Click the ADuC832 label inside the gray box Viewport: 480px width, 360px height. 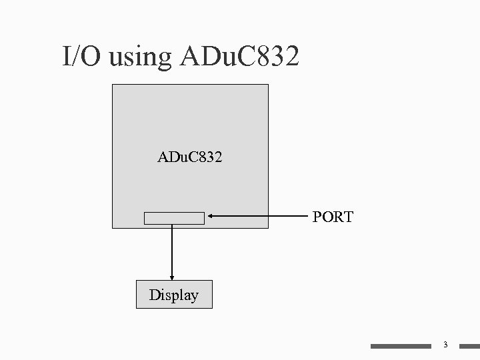190,159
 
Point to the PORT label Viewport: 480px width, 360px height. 333,217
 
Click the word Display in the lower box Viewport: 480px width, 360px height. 174,295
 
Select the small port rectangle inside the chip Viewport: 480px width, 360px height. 175,218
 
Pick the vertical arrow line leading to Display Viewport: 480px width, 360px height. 173,250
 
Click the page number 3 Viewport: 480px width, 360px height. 445,345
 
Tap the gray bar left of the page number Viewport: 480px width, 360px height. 401,346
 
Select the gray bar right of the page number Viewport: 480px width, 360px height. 466,346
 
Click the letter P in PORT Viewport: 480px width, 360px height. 317,217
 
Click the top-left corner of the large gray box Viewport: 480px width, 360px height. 113,85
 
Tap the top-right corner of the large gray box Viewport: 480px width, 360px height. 268,85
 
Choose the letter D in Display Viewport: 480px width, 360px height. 154,295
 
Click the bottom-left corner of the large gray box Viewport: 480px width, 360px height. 113,228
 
